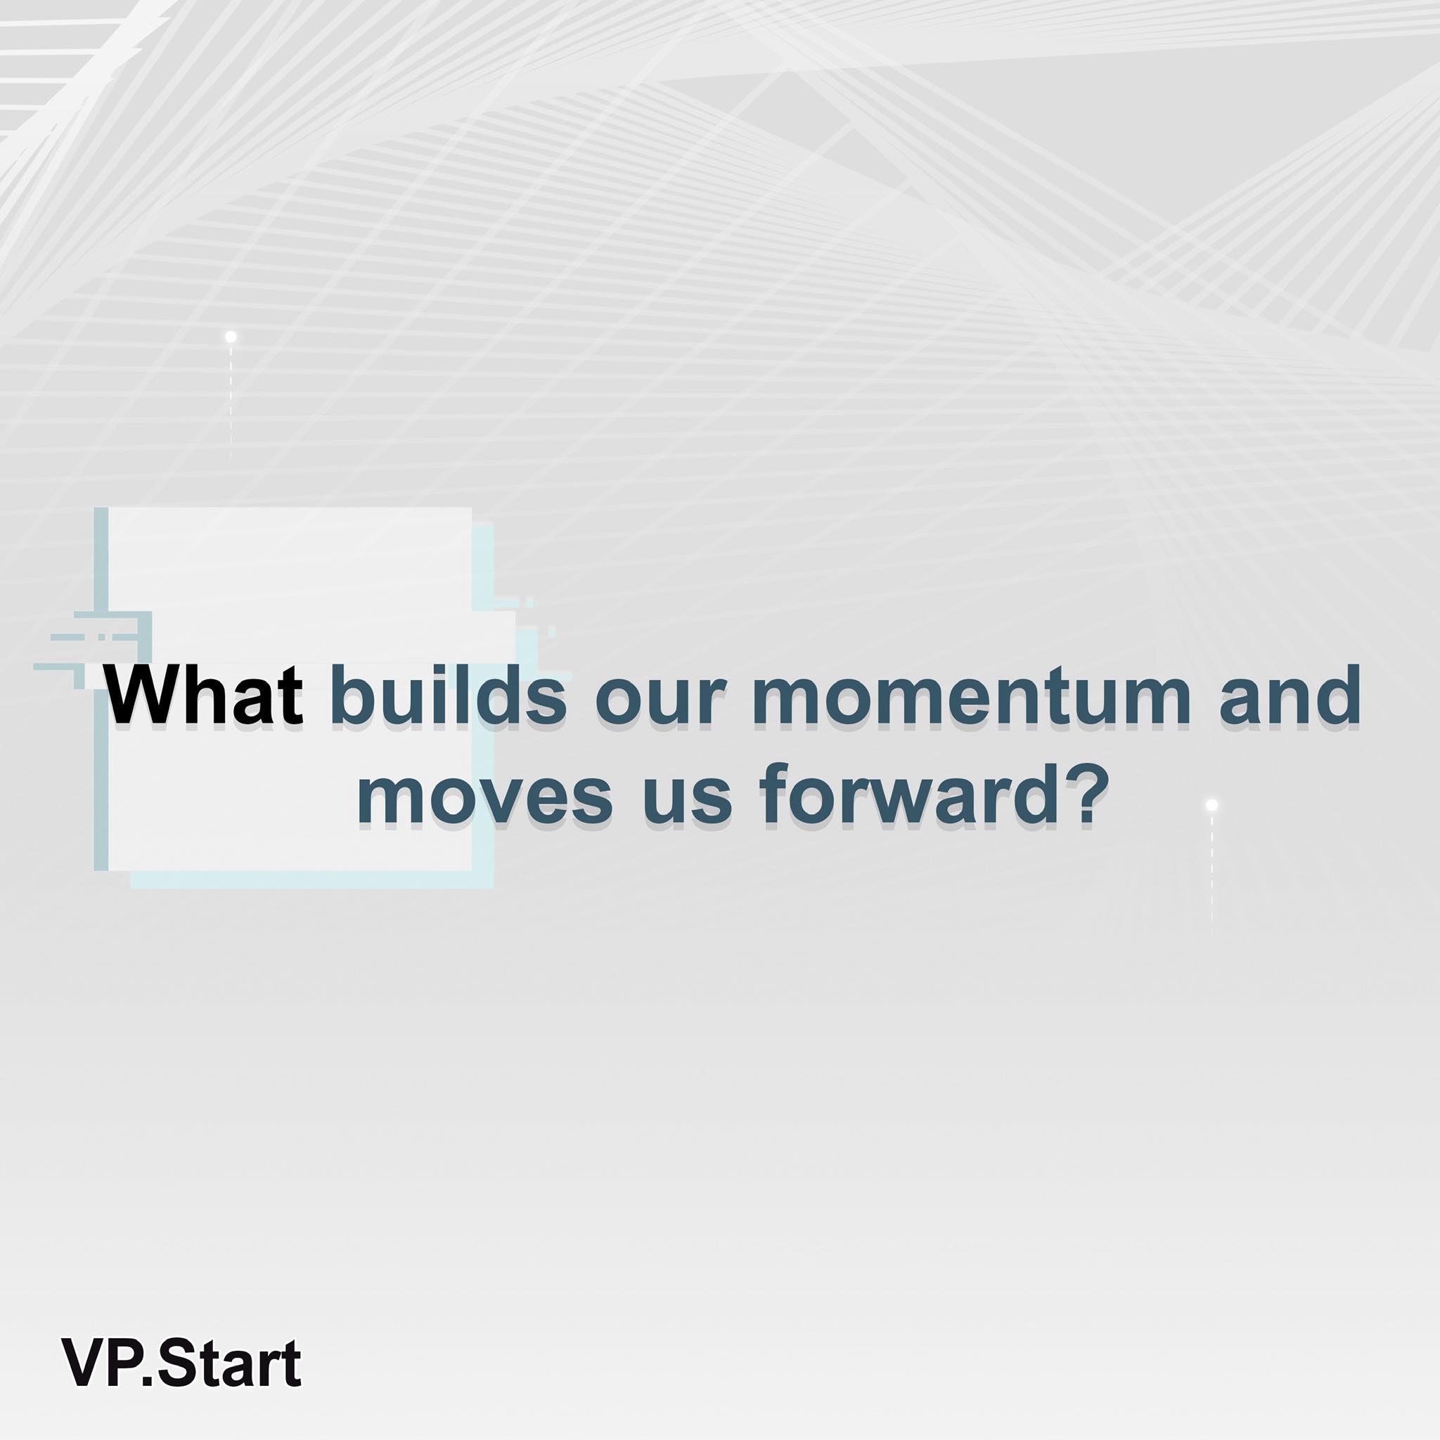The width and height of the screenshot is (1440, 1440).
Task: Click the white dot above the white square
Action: point(231,337)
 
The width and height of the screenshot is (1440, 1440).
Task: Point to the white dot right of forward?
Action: point(1212,805)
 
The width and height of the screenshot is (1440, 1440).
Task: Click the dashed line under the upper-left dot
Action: point(231,399)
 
